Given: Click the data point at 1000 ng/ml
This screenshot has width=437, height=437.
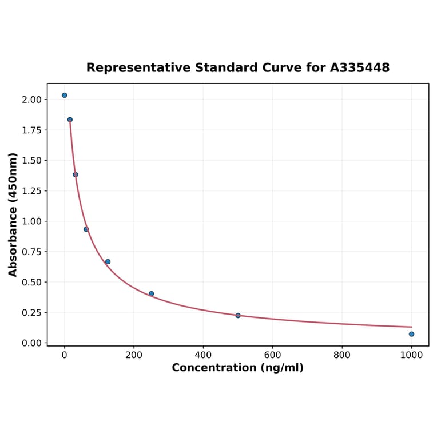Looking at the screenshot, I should coord(411,334).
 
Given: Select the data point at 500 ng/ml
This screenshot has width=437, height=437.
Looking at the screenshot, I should coord(238,315).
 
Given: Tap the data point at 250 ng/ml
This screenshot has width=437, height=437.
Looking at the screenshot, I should coord(151,294).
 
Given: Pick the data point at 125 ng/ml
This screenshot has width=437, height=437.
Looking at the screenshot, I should coord(108,261).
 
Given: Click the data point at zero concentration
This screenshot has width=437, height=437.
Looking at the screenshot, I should coord(65,95).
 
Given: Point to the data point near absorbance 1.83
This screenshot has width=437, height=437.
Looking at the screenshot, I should coord(70,120).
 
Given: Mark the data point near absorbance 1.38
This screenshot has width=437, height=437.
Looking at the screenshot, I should coord(76,174).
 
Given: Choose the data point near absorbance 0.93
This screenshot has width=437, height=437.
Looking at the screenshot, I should coord(86,229).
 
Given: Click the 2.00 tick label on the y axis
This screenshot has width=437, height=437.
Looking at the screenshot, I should coord(31,100).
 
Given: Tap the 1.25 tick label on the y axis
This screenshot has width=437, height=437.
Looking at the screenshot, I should coord(31,191).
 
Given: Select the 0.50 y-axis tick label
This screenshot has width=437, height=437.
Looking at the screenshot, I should coord(31,282).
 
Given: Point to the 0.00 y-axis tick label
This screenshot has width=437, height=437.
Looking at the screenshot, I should coord(31,343).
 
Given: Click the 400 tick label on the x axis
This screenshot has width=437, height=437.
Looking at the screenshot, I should coord(203,355).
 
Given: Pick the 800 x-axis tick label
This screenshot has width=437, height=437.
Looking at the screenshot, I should coord(342,355).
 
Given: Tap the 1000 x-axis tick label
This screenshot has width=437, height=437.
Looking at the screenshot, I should coord(411,355).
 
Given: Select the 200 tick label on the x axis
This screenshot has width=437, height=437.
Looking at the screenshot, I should coord(134,355).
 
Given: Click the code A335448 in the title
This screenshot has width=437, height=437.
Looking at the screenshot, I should coord(360,68).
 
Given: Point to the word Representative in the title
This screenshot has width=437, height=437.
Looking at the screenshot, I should coord(138,68).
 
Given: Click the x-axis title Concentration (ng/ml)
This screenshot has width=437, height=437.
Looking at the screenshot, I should coord(237,368).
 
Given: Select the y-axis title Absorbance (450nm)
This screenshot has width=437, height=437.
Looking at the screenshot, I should coord(13,214).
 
